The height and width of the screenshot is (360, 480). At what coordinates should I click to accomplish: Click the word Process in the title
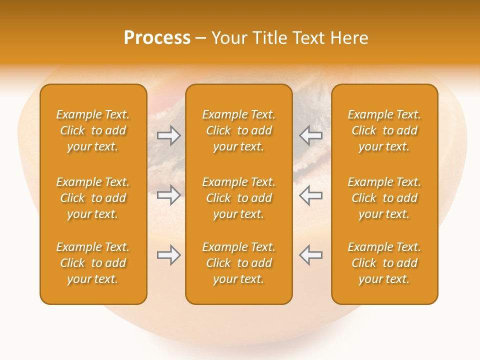[157, 38]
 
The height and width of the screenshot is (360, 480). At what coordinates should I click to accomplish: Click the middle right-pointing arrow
[168, 195]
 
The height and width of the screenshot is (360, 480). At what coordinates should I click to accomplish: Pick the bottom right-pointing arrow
[168, 255]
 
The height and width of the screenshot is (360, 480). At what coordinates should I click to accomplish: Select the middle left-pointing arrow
[310, 195]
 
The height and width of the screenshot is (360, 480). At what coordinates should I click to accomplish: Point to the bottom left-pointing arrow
[310, 255]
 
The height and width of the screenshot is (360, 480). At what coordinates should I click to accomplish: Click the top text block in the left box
[93, 130]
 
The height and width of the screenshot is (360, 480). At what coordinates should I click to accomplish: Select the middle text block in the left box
[93, 198]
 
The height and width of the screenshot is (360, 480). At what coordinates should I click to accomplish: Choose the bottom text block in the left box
[93, 263]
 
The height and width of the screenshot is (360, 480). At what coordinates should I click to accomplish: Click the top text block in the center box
[238, 130]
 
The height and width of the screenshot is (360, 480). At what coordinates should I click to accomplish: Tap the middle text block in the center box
[238, 198]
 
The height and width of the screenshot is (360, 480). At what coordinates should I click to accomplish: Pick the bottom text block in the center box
[238, 263]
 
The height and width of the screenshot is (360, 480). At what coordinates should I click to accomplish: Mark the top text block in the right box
[384, 130]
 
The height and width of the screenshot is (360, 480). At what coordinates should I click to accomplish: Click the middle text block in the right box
[384, 198]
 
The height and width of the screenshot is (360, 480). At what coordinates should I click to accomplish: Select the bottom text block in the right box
[384, 263]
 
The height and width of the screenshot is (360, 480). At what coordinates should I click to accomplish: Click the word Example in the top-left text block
[78, 115]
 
